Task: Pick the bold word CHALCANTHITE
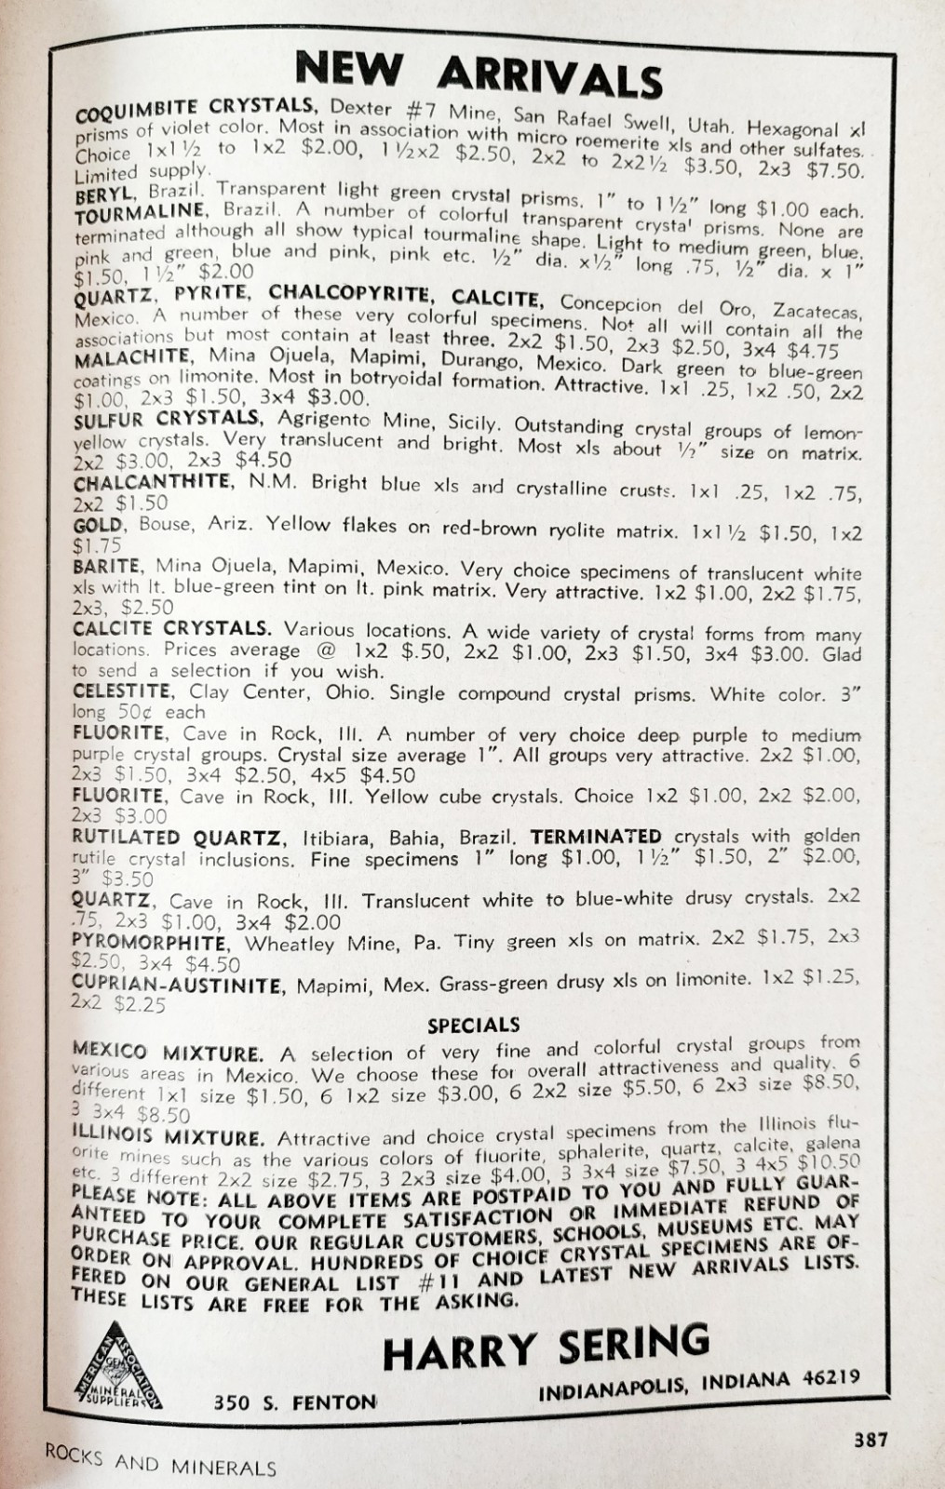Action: click(152, 483)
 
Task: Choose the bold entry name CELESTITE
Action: click(122, 691)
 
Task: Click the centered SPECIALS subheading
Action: click(473, 1026)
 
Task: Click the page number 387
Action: click(871, 1439)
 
